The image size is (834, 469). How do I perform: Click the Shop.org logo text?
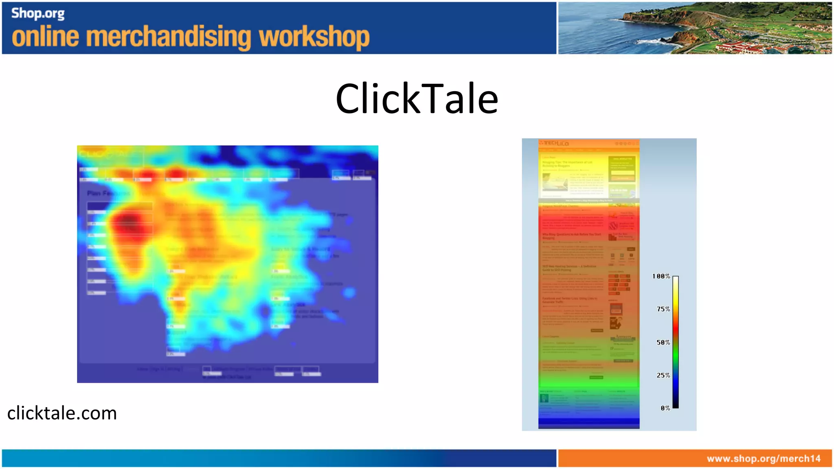point(37,13)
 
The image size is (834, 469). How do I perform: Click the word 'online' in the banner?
point(45,37)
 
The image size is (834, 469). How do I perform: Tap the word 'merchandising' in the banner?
point(169,37)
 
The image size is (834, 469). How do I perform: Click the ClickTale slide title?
point(417,99)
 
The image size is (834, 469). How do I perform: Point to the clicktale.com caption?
point(62,413)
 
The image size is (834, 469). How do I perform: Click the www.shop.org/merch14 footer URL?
point(763,458)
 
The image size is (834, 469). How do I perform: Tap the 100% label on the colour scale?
point(661,276)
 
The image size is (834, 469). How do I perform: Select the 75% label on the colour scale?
point(663,309)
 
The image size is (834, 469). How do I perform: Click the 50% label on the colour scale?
point(663,342)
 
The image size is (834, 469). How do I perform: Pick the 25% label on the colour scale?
point(663,375)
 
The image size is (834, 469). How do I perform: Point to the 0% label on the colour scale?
point(665,408)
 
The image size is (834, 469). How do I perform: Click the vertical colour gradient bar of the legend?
point(675,342)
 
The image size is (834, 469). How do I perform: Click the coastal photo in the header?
point(694,28)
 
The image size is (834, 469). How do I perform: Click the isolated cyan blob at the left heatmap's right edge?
point(349,292)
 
